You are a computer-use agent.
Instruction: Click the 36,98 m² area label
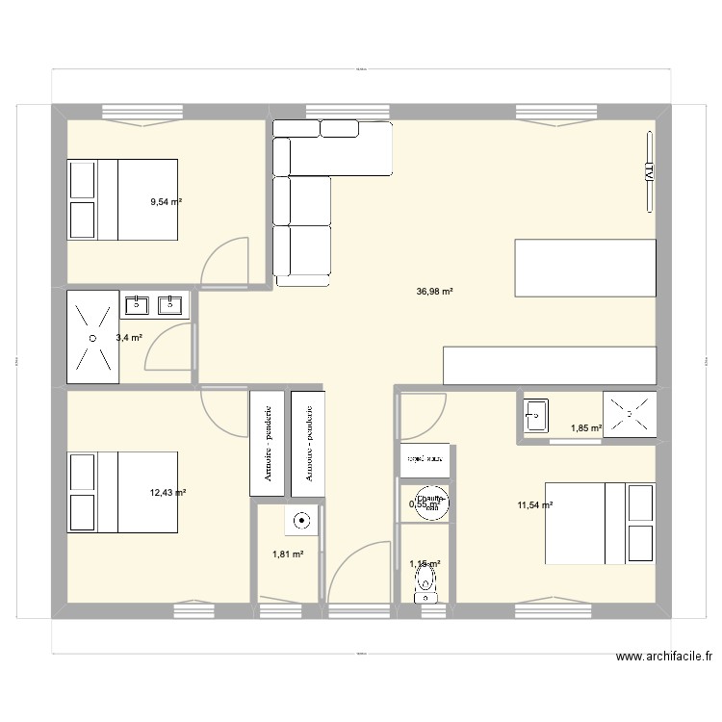pyautogui.click(x=433, y=294)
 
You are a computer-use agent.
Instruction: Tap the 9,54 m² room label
pyautogui.click(x=166, y=202)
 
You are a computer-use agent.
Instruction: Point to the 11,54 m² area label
pyautogui.click(x=534, y=504)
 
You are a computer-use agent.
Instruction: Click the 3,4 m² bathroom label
pyautogui.click(x=129, y=338)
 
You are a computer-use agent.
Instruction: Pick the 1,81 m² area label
pyautogui.click(x=288, y=554)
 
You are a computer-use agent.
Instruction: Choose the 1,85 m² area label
pyautogui.click(x=586, y=428)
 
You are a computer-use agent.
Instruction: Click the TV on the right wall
pyautogui.click(x=649, y=172)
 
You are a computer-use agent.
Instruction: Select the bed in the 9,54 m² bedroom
pyautogui.click(x=122, y=199)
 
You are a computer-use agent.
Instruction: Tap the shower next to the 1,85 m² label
pyautogui.click(x=630, y=414)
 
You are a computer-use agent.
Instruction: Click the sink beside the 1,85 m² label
pyautogui.click(x=535, y=415)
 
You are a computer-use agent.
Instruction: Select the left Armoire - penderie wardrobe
pyautogui.click(x=267, y=444)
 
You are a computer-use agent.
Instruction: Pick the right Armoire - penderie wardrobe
pyautogui.click(x=309, y=444)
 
